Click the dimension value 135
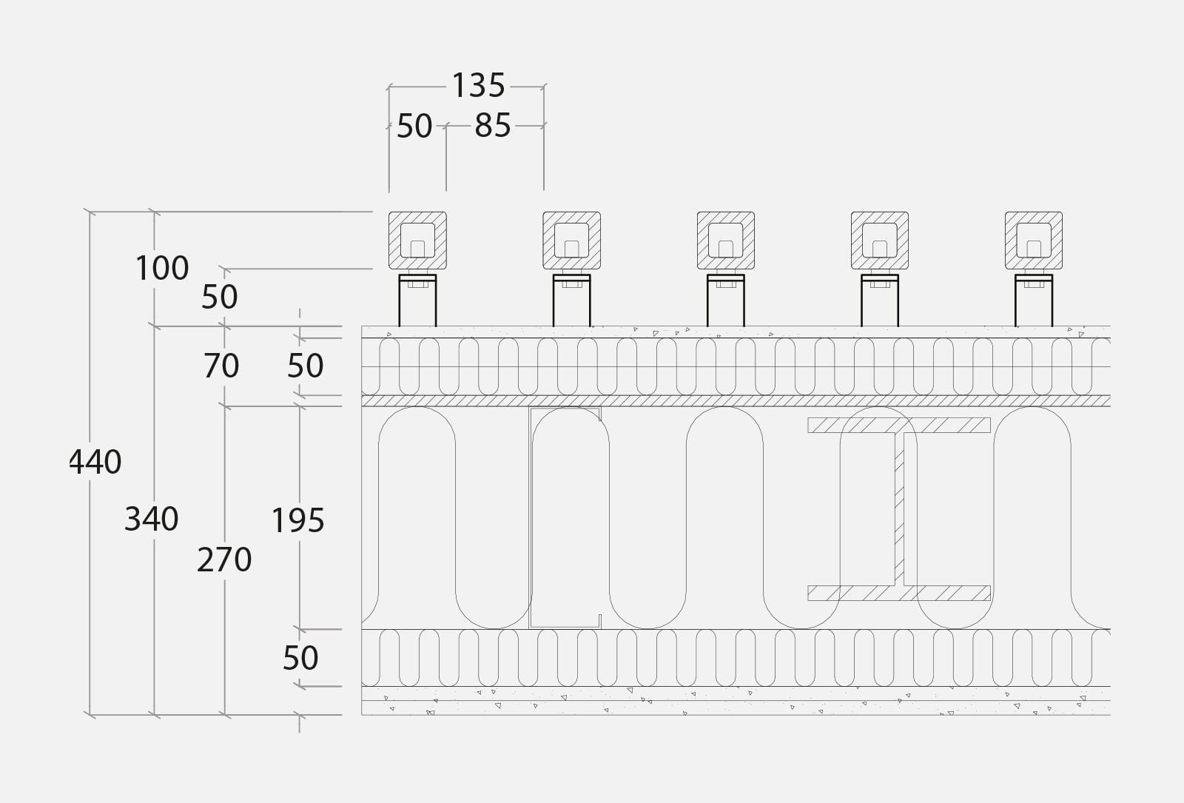pos(478,86)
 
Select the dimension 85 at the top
pos(493,126)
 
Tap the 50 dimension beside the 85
pos(414,126)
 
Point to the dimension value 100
pos(162,268)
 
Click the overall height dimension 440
pos(95,462)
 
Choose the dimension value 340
pos(151,519)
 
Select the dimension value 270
pos(224,560)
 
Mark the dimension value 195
pos(297,521)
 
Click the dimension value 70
pos(221,366)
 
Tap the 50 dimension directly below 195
pos(300,658)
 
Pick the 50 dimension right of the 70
pos(305,366)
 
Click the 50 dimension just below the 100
pos(219,297)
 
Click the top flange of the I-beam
pos(899,425)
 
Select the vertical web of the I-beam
pos(899,509)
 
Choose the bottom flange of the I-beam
pos(899,593)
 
